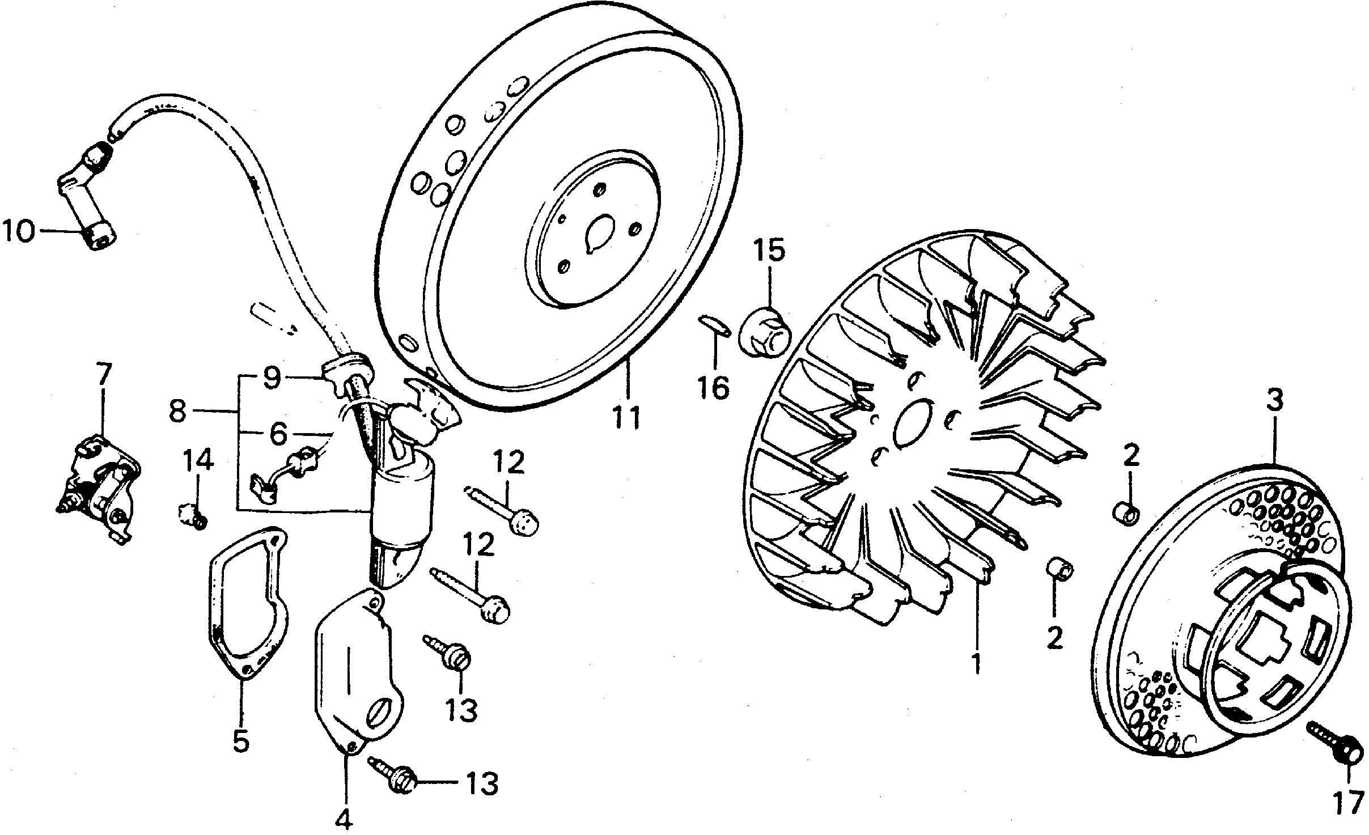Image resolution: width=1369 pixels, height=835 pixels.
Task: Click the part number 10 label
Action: click(18, 232)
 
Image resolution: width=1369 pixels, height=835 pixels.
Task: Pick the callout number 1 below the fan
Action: click(976, 663)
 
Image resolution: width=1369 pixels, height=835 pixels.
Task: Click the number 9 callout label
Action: click(272, 378)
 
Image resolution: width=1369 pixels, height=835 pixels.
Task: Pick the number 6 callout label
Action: click(277, 434)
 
